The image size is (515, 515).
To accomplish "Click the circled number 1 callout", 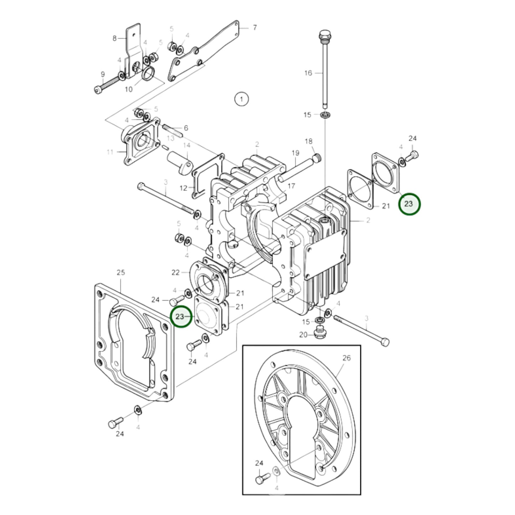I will tap(241, 99).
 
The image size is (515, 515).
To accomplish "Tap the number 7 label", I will tap(254, 27).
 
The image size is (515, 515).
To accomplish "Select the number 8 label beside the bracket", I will tap(115, 38).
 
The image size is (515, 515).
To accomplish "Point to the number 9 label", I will tap(103, 74).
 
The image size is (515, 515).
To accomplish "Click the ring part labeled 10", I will tap(149, 74).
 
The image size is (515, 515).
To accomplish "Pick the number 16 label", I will tap(308, 73).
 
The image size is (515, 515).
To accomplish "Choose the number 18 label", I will tap(308, 141).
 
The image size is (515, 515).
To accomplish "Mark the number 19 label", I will tap(295, 153).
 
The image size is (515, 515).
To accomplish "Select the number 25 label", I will tap(121, 272).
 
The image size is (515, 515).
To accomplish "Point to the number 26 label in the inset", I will tap(346, 357).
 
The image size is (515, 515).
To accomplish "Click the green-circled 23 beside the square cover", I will tap(408, 204).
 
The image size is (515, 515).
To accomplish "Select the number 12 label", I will tap(183, 188).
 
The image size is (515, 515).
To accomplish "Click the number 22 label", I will tap(175, 272).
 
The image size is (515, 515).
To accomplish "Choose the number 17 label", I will tap(291, 186).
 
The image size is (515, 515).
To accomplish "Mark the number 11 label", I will tap(110, 152).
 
